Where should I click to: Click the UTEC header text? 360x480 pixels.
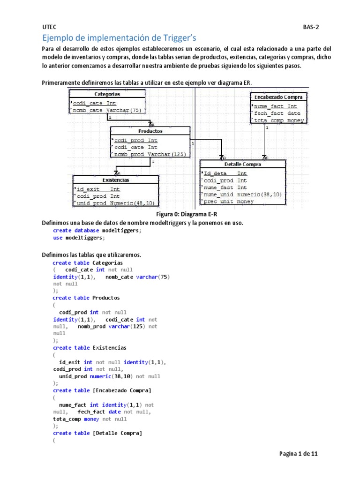[x=49, y=27]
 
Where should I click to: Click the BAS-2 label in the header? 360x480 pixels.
[x=310, y=27]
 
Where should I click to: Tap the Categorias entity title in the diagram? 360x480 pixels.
[x=107, y=94]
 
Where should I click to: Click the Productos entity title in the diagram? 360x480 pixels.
[x=150, y=131]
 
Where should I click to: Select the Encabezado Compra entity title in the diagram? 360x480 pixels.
[x=278, y=97]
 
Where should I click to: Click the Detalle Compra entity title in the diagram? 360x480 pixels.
[x=243, y=164]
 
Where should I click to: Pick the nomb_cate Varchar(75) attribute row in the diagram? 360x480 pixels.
[x=108, y=111]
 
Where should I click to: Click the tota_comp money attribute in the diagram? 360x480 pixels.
[x=279, y=120]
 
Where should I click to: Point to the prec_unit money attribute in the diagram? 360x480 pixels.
[x=228, y=202]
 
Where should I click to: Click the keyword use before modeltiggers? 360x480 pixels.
[x=57, y=238]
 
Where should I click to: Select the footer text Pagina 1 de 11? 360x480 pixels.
[x=299, y=454]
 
